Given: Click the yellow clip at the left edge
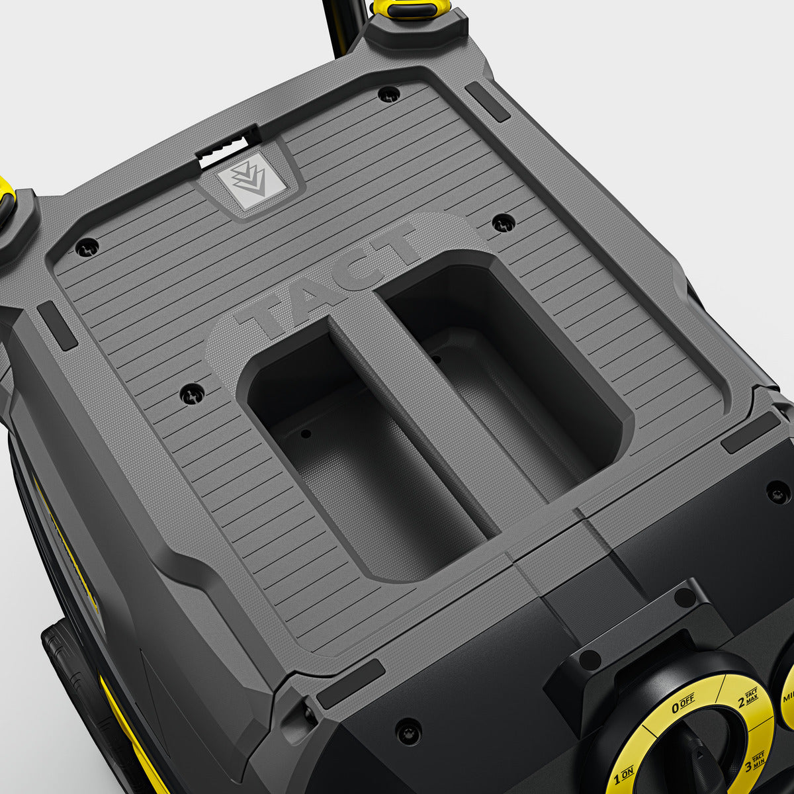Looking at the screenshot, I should tap(6, 198).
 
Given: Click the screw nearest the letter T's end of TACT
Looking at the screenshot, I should tap(504, 223).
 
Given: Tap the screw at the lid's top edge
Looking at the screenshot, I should tap(388, 95).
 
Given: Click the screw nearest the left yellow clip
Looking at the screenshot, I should tap(87, 247).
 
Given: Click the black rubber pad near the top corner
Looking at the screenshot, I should tap(487, 101).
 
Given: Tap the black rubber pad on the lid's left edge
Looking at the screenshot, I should tap(57, 326).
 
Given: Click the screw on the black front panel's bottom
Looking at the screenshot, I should tap(408, 731).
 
